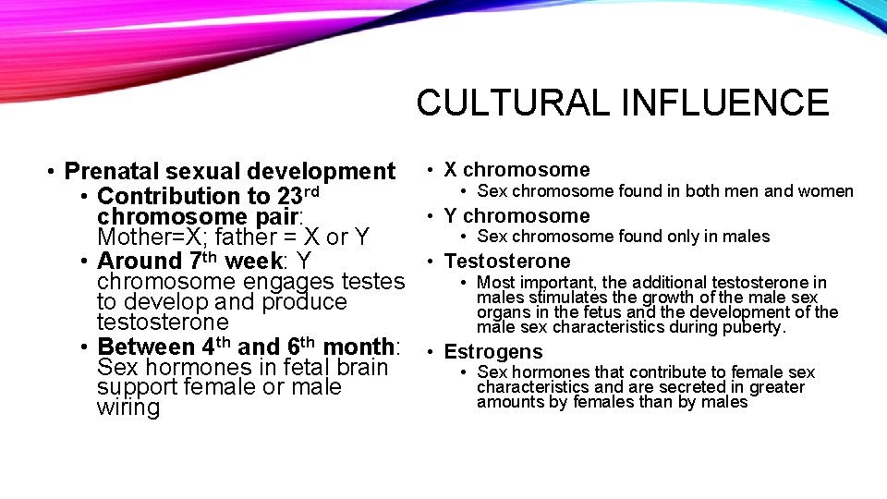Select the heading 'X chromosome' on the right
tap(516, 170)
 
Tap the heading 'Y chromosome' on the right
tap(516, 216)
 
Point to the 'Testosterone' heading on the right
tap(507, 262)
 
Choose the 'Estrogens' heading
tap(493, 352)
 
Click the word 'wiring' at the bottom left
tap(128, 408)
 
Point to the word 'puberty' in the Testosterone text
tap(754, 327)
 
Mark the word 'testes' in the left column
tap(373, 282)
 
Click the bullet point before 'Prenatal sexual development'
tap(55, 172)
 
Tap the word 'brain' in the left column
tap(356, 368)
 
